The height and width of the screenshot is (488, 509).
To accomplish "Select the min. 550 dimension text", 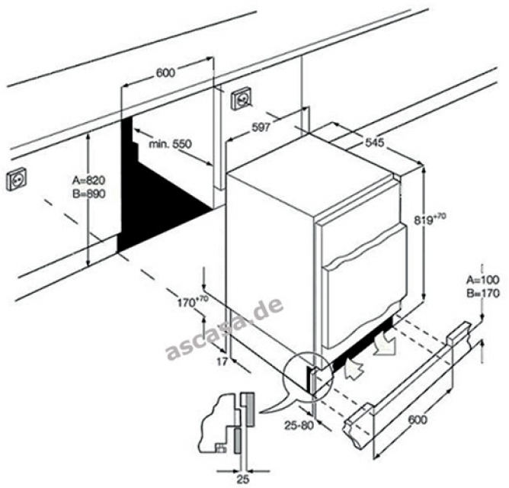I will point(170,143).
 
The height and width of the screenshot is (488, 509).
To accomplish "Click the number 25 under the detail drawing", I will point(242,478).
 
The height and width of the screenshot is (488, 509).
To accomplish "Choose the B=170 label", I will point(481,292).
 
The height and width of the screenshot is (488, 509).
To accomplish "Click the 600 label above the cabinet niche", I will point(165,73).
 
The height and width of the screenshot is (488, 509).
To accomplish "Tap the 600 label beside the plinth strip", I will point(417,420).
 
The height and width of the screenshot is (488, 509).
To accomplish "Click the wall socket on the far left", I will point(16,180).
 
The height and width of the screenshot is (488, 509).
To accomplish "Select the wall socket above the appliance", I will point(242,100).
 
